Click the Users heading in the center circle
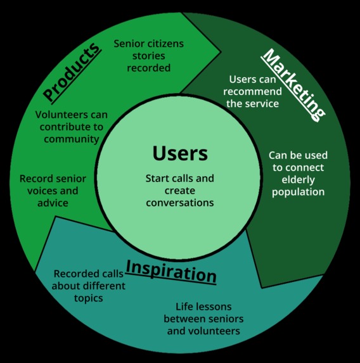click(x=180, y=154)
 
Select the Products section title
click(x=72, y=71)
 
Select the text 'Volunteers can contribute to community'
click(x=71, y=127)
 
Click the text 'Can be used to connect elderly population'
click(x=298, y=173)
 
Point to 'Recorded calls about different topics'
click(x=89, y=286)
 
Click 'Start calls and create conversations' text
click(x=180, y=191)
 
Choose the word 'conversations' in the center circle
click(x=180, y=203)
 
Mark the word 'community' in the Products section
click(x=71, y=139)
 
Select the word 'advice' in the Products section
click(x=52, y=203)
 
